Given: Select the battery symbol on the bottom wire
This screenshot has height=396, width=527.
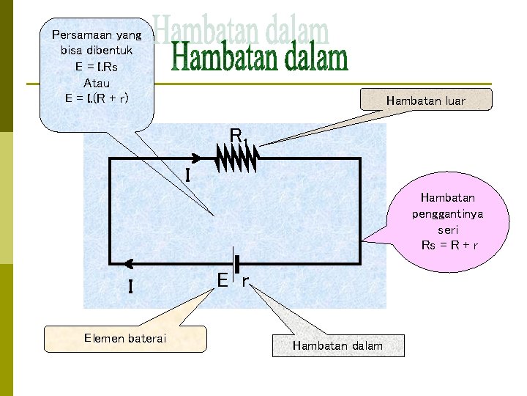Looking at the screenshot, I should tap(236, 263).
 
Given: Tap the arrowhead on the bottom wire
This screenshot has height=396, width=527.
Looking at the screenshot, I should tap(129, 263).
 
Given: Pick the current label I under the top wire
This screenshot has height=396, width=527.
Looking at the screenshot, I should tap(188, 175).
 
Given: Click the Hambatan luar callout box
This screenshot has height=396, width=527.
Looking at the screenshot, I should tap(425, 100).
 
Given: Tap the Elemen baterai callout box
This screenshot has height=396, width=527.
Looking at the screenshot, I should tap(125, 338).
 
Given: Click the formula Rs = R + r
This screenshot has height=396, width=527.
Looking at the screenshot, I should tap(450, 244).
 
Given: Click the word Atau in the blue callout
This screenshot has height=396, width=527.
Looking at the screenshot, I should tap(97, 82).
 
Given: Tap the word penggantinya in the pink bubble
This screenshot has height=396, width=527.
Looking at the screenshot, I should tap(447, 213).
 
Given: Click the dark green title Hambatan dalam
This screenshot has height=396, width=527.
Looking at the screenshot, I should tap(260, 59).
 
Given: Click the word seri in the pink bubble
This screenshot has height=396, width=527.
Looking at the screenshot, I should tap(448, 229).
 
